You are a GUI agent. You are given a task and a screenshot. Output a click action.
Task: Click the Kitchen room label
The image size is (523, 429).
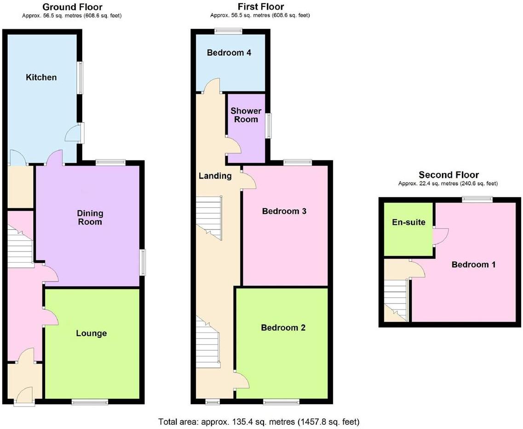[x=41, y=77]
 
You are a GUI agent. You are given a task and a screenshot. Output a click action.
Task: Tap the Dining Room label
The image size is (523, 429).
[x=90, y=217]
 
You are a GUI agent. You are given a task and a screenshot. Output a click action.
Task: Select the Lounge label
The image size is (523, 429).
[x=92, y=333]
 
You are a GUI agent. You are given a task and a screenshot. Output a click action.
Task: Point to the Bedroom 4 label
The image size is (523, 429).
[x=229, y=52]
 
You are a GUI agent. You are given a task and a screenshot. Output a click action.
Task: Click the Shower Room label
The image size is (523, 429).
[x=246, y=115]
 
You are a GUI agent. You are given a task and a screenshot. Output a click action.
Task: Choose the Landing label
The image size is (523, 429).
[x=215, y=176]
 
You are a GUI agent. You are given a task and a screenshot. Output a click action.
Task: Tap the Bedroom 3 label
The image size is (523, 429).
[x=284, y=212]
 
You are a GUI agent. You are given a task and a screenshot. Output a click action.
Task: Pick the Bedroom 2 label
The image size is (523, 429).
[x=283, y=328]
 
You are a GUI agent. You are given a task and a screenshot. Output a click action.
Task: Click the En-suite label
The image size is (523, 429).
[x=408, y=223]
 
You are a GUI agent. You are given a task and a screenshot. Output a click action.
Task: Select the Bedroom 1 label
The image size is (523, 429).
[x=473, y=265]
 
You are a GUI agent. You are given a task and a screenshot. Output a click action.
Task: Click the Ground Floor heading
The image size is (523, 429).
[x=72, y=7]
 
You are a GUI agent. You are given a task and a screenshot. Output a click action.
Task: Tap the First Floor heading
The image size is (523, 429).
[x=260, y=7]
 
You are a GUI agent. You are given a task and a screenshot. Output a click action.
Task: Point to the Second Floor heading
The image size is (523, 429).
[x=448, y=175]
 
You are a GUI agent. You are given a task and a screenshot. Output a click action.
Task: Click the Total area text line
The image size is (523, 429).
[x=259, y=422]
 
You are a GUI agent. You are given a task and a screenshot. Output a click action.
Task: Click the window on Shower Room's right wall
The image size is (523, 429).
[x=269, y=125]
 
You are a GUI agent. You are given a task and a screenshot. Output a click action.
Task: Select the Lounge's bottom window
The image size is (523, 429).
[x=90, y=402]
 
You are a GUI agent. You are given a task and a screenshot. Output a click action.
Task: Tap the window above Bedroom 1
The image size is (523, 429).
[x=477, y=199]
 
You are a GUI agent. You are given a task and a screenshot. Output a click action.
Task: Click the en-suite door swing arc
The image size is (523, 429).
[x=439, y=236]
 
